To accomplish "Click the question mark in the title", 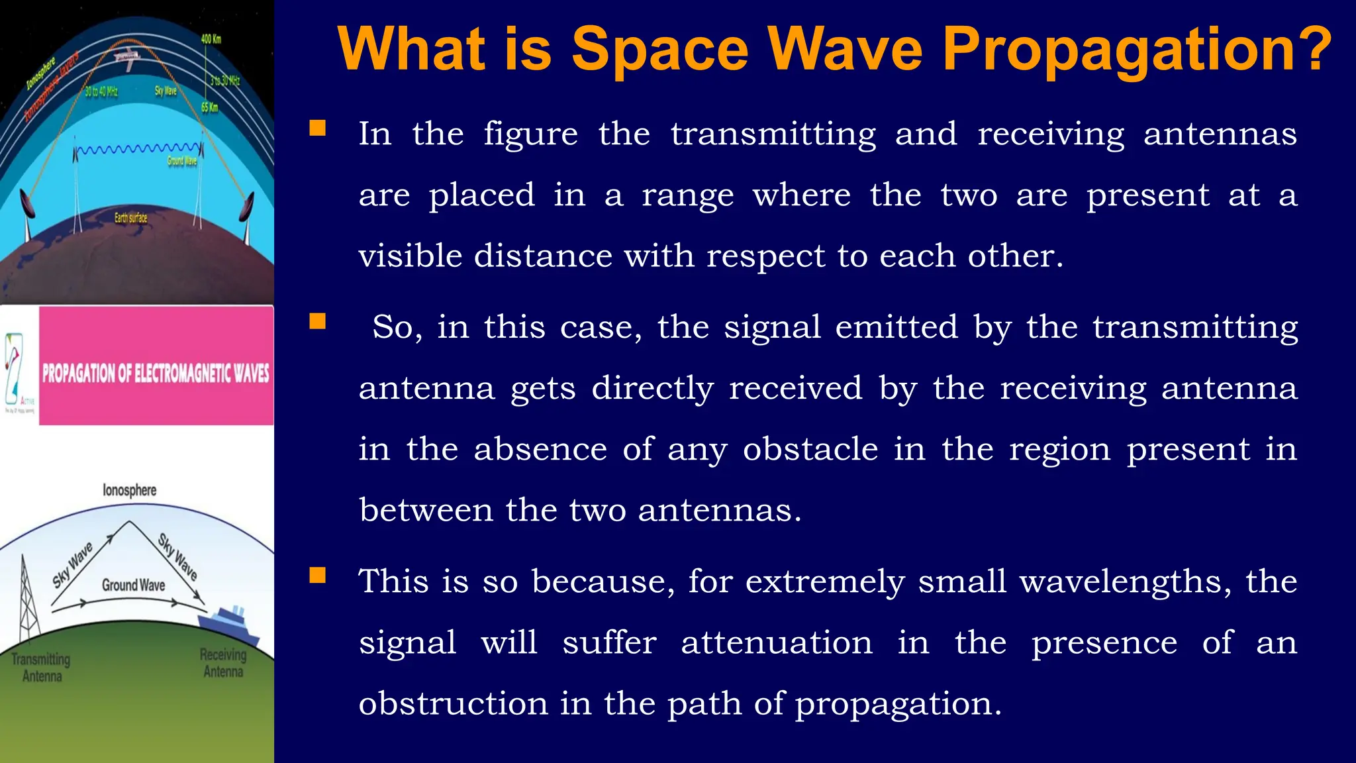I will tap(1310, 49).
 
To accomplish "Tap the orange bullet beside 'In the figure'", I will tap(318, 128).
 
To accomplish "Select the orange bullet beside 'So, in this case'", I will tap(318, 321).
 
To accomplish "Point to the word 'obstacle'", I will tap(810, 449).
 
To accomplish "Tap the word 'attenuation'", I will tap(777, 642).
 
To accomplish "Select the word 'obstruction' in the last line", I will tap(454, 703).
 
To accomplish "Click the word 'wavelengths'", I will tap(1126, 582).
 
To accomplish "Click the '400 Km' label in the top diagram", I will tap(211, 39).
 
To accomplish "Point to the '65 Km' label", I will tap(209, 107).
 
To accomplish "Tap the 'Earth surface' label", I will tap(131, 217).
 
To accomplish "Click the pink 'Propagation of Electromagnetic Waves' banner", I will tap(156, 373).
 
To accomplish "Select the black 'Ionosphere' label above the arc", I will tap(130, 490).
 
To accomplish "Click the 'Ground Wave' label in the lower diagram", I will tap(133, 585).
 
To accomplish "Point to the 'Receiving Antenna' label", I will tap(223, 663).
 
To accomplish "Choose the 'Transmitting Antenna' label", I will tap(41, 668).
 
